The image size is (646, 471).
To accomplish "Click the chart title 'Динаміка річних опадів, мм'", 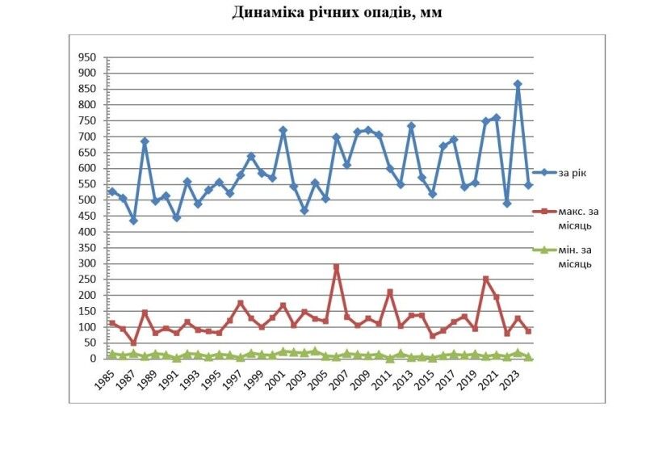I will (338, 12).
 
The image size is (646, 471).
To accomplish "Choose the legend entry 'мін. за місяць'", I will (574, 257).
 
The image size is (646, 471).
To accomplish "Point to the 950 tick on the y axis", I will (86, 57).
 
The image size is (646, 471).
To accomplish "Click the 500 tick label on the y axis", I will (86, 200).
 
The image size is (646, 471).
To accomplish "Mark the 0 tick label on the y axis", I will (93, 359).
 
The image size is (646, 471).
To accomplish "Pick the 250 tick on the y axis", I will (86, 280).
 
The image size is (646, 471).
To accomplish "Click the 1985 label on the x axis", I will (104, 379).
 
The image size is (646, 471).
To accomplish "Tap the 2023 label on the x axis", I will (510, 379).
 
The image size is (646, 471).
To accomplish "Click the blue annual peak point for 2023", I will (518, 84).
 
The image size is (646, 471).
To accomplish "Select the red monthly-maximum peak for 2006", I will (337, 267).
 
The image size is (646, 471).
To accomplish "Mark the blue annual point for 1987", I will (134, 221).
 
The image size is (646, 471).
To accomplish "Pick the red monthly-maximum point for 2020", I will (486, 280).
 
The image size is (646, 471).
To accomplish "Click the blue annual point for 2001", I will (283, 130).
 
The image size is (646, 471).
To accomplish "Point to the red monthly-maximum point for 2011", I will (390, 292).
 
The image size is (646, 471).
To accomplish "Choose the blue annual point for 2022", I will (507, 204).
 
